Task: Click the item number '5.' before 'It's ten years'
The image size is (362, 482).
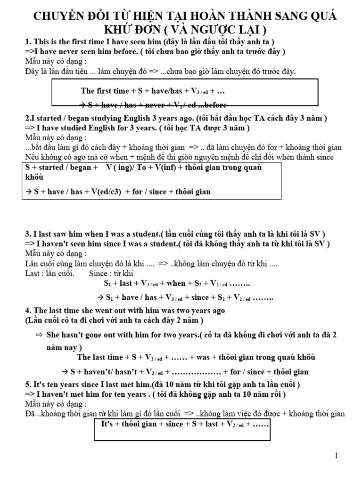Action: [27, 384]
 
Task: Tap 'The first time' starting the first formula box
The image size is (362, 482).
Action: [105, 91]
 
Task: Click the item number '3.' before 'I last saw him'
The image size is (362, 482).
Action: [27, 234]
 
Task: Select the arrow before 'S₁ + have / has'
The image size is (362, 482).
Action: [100, 298]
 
